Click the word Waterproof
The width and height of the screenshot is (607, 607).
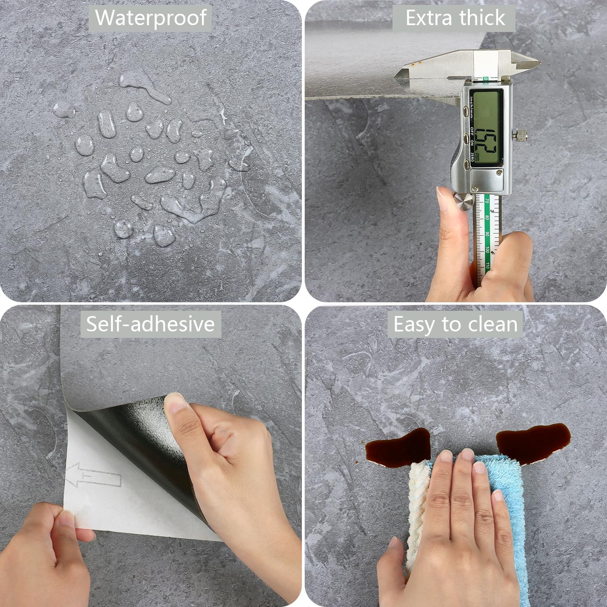(151, 18)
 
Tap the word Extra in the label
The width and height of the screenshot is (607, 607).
(429, 18)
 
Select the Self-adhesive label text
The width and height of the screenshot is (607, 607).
(151, 324)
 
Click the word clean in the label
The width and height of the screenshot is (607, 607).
(492, 324)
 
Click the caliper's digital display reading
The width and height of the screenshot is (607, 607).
(485, 128)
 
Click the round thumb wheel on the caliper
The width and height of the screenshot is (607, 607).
(463, 202)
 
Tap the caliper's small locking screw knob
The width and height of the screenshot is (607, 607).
(520, 135)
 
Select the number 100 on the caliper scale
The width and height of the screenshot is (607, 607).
(487, 250)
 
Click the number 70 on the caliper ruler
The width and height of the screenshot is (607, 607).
(487, 201)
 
